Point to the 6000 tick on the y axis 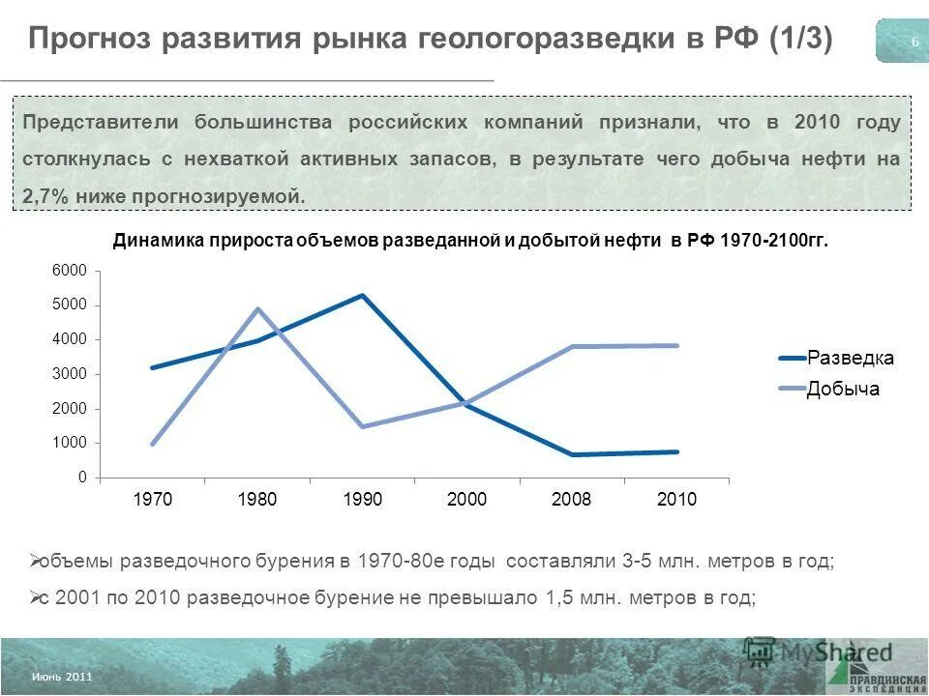point(75,270)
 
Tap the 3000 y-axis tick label point(75,374)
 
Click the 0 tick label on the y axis point(82,478)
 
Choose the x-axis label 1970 point(152,500)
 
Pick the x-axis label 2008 point(571,500)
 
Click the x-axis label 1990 point(362,500)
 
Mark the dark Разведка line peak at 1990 point(362,295)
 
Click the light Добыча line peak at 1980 point(257,308)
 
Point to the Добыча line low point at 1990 point(362,426)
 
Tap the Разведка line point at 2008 point(571,454)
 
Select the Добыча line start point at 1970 point(153,444)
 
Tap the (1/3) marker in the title point(800,41)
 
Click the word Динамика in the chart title point(155,241)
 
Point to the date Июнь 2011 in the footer point(62,677)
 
